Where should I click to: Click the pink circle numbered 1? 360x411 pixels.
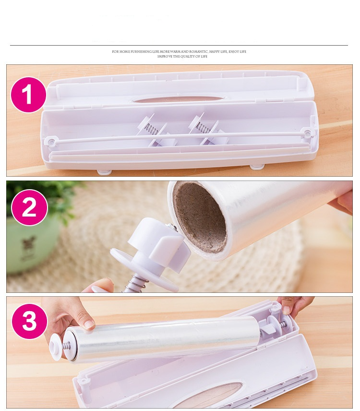coord(28,95)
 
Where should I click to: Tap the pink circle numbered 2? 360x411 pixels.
coord(30,207)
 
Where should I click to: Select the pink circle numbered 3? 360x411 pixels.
coord(30,321)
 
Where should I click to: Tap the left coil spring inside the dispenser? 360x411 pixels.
coord(152,128)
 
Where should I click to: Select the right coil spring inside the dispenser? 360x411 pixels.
coord(203,128)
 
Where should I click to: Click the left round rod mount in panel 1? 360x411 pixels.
coord(51,142)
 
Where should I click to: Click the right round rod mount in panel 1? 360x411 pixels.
coord(308,133)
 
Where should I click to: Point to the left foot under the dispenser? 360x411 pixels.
coord(105,172)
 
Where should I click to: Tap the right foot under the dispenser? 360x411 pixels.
coord(257,167)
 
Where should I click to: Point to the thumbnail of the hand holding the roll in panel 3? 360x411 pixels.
coord(89,325)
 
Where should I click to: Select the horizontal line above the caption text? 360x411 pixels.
coord(179,45)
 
